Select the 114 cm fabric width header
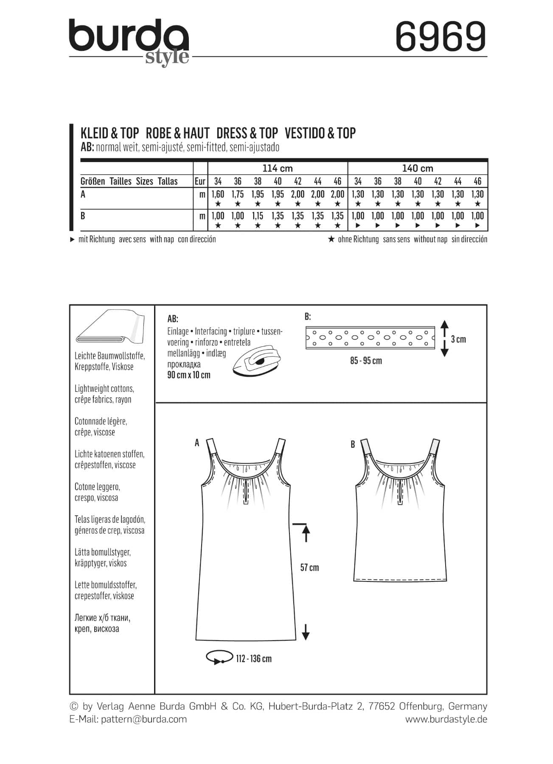[278, 168]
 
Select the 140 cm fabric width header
[418, 168]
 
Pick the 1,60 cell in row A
[218, 194]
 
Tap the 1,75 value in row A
[238, 194]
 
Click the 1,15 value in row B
[258, 216]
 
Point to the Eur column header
[200, 182]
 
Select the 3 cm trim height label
[458, 339]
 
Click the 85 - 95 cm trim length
[366, 361]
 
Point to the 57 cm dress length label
[309, 567]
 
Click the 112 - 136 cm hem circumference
[254, 659]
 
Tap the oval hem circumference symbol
[219, 657]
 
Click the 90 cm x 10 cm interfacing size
[189, 375]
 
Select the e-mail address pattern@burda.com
[144, 719]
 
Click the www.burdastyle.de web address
[446, 719]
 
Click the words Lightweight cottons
[104, 388]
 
